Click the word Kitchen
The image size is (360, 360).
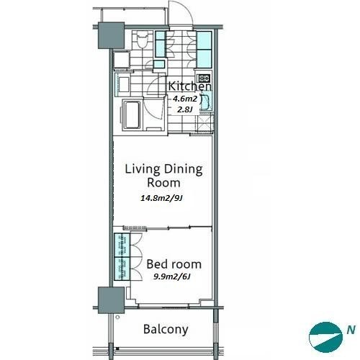(x=189, y=86)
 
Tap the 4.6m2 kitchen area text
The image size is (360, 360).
(x=185, y=99)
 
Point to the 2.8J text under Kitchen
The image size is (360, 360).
(x=185, y=109)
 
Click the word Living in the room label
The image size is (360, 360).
(x=143, y=170)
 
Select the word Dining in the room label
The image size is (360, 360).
(x=184, y=170)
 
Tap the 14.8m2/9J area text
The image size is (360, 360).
(x=161, y=198)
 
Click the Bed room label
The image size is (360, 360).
(x=174, y=264)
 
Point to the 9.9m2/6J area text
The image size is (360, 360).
(x=172, y=276)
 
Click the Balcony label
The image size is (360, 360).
(x=166, y=330)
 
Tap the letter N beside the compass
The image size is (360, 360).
(x=351, y=330)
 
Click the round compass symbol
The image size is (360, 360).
(x=325, y=337)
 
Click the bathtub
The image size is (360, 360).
(x=132, y=115)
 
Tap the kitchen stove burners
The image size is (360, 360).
(x=204, y=78)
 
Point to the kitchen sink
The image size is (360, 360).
(x=204, y=102)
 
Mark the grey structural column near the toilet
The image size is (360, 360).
(x=111, y=35)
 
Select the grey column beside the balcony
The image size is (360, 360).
(x=111, y=300)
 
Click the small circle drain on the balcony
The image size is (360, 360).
(x=117, y=318)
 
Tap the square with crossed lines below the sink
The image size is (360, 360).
(x=204, y=122)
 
